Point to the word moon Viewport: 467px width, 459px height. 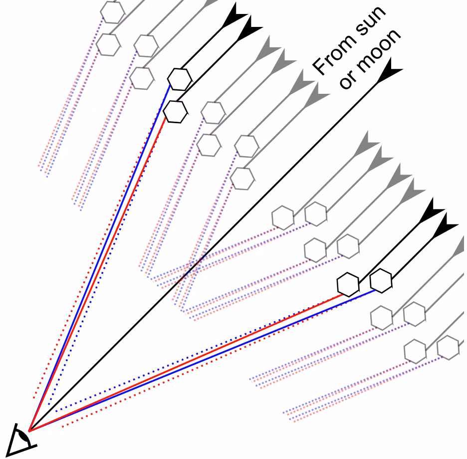pos(379,49)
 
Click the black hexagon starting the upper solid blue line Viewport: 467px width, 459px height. pos(179,79)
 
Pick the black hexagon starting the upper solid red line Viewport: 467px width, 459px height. pos(176,112)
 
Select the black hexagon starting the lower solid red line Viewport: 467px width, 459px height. pos(348,284)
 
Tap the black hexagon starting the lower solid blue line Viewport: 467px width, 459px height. pos(381,280)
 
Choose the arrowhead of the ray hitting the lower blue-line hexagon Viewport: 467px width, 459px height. pos(445,225)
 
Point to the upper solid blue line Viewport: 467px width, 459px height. pos(99,258)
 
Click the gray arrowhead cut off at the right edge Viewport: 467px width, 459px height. pos(459,247)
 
